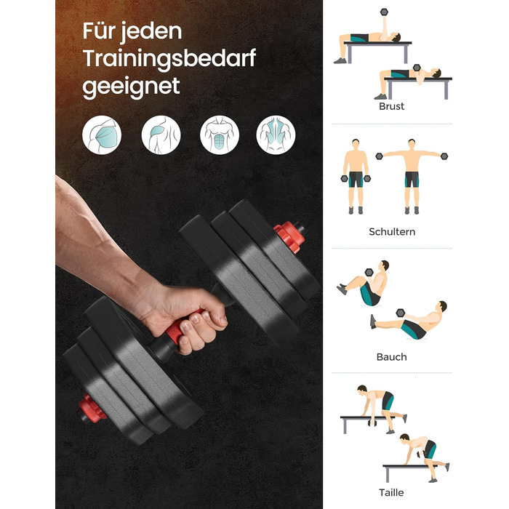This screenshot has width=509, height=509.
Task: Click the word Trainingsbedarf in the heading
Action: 169,60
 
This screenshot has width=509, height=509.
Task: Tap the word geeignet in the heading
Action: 131,87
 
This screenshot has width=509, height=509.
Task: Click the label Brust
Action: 391,106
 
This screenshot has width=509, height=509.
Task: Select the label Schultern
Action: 392,232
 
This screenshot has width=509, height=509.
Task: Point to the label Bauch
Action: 391,357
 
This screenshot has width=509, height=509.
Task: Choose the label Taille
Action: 391,492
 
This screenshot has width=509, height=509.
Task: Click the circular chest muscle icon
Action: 102,135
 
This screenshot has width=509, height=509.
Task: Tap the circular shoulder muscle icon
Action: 161,135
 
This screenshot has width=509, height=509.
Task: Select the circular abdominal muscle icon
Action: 220,135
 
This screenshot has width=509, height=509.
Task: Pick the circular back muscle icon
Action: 276,135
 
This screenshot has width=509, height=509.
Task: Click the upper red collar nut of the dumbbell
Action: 289,236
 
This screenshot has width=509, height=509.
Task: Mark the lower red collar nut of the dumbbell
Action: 92,408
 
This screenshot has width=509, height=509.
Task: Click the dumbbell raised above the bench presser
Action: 385,12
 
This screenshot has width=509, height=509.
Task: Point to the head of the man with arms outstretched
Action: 412,144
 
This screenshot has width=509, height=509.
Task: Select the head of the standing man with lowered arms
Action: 356,144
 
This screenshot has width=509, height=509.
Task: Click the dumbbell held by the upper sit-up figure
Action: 369,273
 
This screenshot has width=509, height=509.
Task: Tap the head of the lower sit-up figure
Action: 442,306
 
